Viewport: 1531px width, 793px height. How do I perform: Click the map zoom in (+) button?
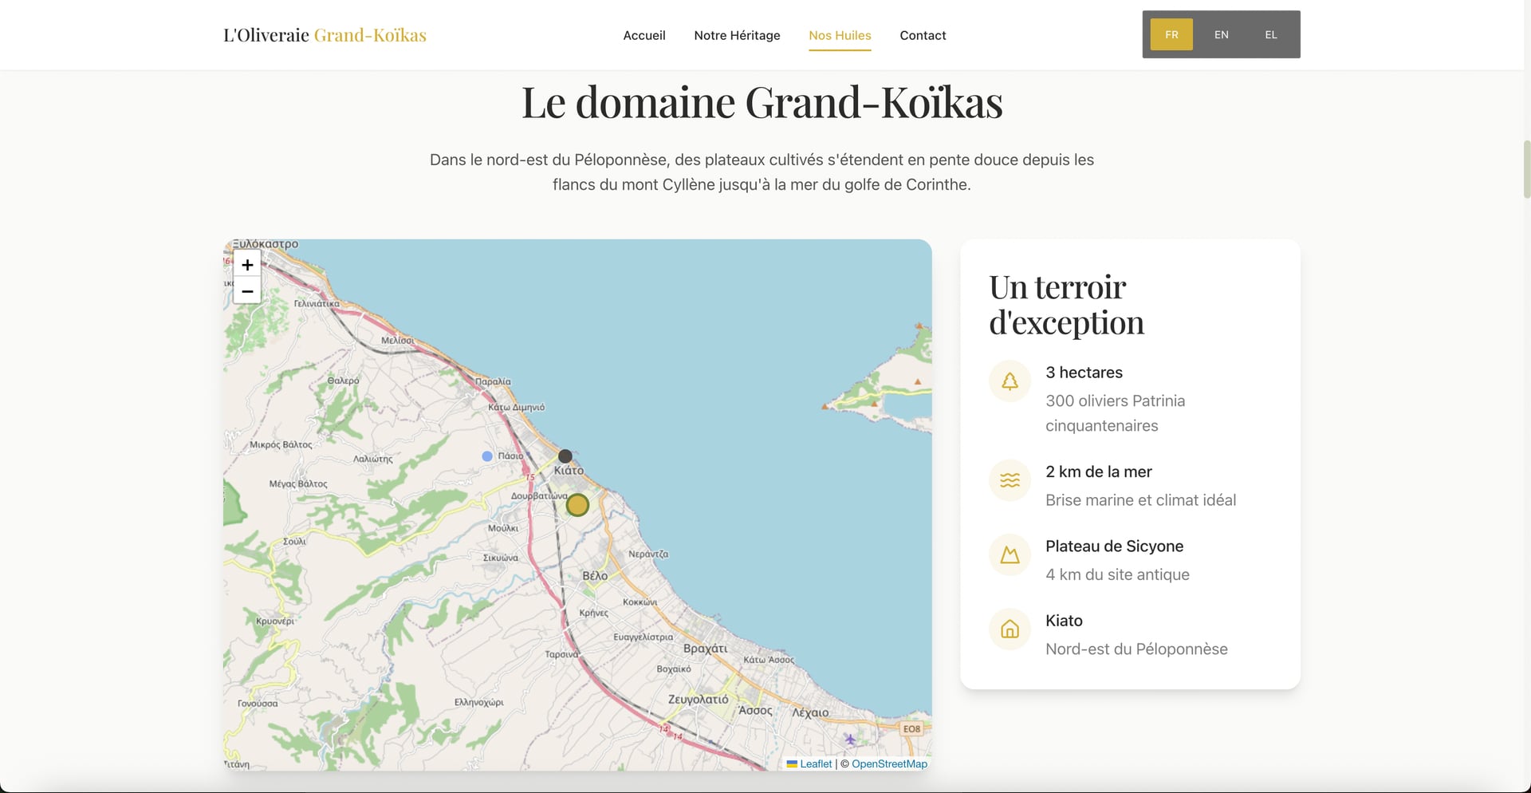tap(247, 265)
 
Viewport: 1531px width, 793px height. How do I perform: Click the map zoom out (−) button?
tap(247, 291)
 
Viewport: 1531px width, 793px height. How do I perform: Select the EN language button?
tap(1221, 35)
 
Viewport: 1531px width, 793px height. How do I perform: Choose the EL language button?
tap(1271, 35)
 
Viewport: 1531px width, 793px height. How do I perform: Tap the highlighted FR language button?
tap(1171, 35)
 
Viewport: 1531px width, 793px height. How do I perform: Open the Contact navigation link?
tap(923, 35)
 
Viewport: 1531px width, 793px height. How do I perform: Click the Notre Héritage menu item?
tap(737, 35)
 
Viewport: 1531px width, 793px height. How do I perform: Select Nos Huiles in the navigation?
tap(840, 35)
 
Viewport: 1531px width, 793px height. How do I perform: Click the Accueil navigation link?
tap(644, 35)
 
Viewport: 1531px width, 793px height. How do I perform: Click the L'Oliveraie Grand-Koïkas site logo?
tap(325, 35)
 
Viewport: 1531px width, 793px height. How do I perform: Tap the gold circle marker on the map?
tap(577, 505)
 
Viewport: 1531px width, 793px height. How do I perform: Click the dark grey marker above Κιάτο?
tap(565, 456)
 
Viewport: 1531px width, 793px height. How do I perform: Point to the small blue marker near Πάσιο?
tap(487, 456)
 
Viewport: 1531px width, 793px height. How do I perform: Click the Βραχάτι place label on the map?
tap(706, 649)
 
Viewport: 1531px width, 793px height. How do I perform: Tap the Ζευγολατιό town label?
tap(698, 700)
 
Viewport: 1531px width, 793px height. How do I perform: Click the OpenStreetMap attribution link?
tap(889, 764)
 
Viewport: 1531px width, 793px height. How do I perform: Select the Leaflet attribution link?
tap(815, 764)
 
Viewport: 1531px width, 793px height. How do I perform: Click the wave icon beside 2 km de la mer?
tap(1010, 480)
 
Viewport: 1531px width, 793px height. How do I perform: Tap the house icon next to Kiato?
tap(1010, 629)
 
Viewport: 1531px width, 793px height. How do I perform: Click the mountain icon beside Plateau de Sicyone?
tap(1010, 554)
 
